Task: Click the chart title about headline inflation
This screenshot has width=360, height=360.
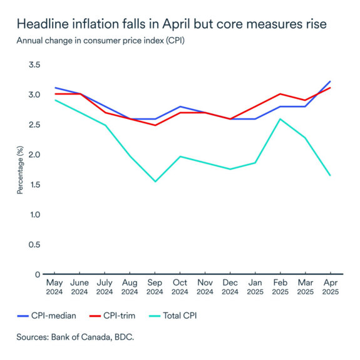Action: pos(171,26)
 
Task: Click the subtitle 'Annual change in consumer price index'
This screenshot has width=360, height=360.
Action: pos(100,41)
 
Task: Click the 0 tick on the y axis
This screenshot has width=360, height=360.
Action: pos(37,274)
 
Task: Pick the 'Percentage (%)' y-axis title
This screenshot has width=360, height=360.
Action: pos(20,170)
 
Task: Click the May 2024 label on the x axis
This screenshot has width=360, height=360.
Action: pos(54,287)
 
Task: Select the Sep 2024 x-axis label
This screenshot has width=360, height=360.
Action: pos(155,287)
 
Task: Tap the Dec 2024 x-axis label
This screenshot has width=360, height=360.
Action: pos(230,287)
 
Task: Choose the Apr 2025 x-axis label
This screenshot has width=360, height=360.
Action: pos(330,287)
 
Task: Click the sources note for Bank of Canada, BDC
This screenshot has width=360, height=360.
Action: pos(76,337)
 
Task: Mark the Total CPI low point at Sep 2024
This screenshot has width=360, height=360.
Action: pos(155,182)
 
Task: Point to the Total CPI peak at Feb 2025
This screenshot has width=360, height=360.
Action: pos(280,119)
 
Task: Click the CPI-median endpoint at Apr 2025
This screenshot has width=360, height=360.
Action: pos(330,81)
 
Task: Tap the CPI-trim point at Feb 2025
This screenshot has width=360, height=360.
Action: pos(280,94)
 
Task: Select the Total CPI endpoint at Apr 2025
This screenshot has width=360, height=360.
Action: pos(330,175)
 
